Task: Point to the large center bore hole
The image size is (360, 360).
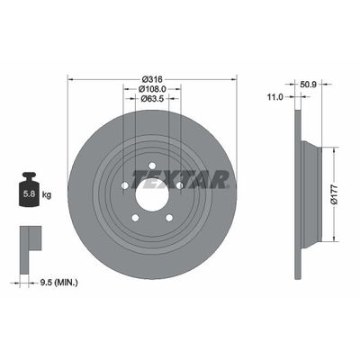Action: click(x=151, y=192)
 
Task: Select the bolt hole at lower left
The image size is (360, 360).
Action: click(x=133, y=216)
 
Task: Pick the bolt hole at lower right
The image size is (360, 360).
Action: click(x=168, y=216)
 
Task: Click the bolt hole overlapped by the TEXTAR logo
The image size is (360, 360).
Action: click(x=179, y=184)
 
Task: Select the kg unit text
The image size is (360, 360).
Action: click(x=47, y=192)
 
